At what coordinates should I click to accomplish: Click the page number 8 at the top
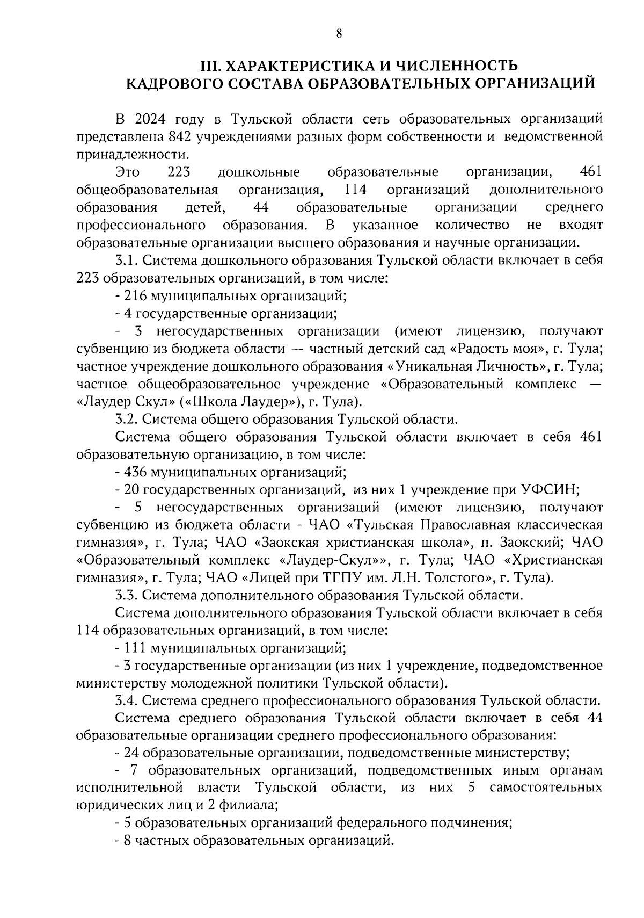[339, 33]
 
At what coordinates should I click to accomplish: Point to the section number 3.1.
[127, 261]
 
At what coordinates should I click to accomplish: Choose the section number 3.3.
[127, 595]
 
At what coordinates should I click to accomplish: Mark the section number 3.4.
[127, 701]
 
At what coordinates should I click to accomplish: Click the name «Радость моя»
[495, 349]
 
